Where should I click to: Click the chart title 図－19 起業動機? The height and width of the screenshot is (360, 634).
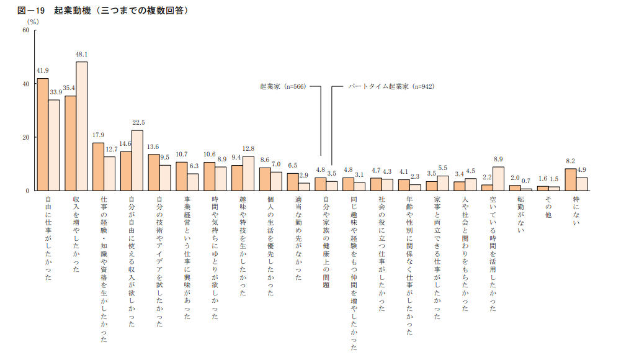click(x=99, y=11)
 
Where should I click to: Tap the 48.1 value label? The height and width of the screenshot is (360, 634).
click(x=81, y=55)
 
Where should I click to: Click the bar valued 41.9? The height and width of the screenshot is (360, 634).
click(x=43, y=134)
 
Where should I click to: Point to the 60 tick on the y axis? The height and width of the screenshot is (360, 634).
click(x=26, y=30)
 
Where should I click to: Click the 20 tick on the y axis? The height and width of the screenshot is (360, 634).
click(x=26, y=137)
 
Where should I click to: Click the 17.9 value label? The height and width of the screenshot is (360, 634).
click(x=98, y=135)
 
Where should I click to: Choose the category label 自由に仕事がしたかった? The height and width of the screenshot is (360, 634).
click(x=48, y=238)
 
